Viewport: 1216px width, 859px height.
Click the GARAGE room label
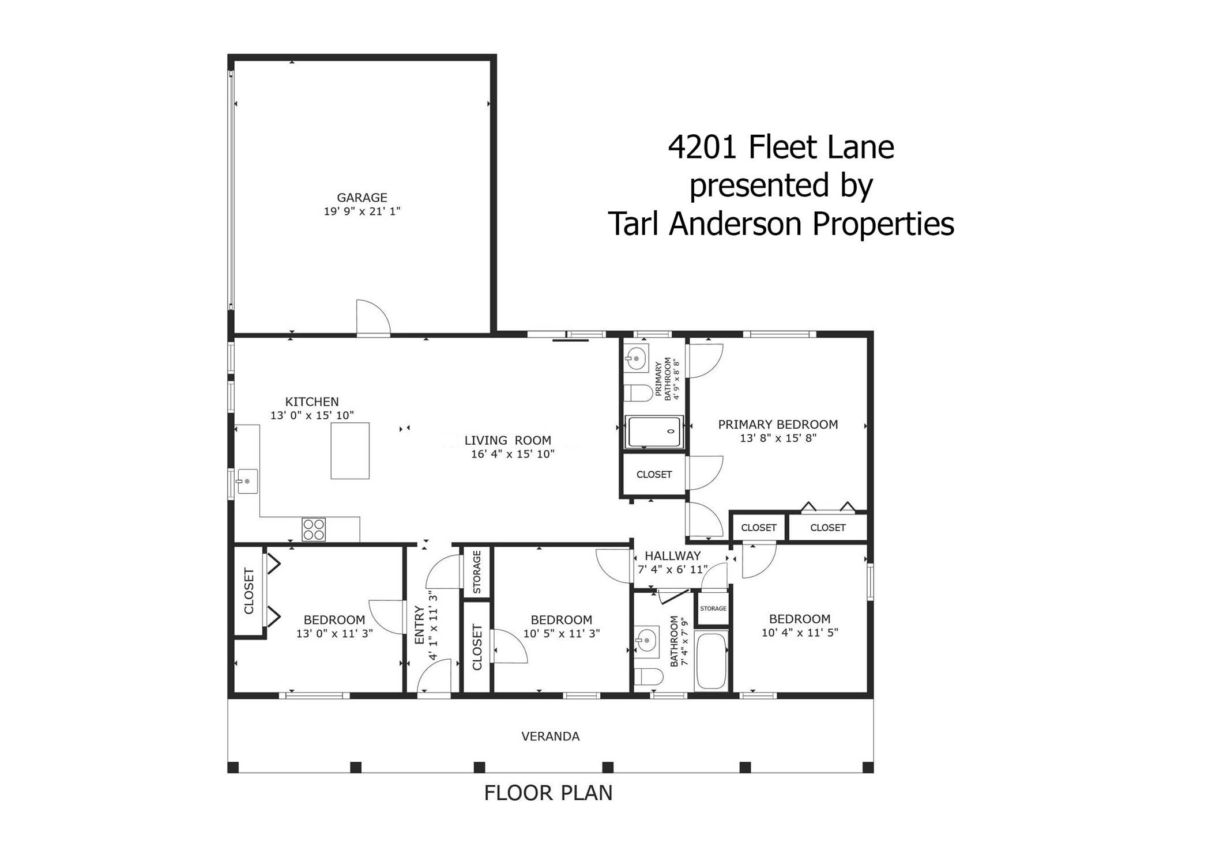coord(362,198)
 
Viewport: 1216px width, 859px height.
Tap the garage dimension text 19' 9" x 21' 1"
coord(362,211)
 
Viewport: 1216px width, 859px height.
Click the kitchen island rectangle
coord(349,451)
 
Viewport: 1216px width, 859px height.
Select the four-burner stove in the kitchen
coord(314,529)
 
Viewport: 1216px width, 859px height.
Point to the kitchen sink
coord(247,481)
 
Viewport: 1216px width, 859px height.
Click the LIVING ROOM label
coord(507,441)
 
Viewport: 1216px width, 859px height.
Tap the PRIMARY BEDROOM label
coord(777,425)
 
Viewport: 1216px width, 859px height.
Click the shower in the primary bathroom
coord(654,432)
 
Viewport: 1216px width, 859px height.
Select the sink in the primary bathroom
coord(637,358)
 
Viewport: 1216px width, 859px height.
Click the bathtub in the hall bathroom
coord(711,661)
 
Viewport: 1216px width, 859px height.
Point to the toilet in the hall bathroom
coord(647,676)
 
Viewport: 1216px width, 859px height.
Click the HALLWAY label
coord(672,556)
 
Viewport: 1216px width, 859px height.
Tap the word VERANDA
coord(550,736)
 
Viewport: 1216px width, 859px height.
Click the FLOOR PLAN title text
coord(548,793)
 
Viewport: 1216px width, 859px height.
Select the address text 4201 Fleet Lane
coord(781,147)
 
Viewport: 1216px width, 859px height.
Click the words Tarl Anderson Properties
coord(781,224)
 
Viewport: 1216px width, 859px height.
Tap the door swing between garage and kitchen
coord(372,317)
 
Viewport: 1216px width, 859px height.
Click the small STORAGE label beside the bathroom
coord(713,608)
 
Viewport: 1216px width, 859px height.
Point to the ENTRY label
coord(419,625)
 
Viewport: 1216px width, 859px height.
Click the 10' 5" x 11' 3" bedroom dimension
coord(561,633)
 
